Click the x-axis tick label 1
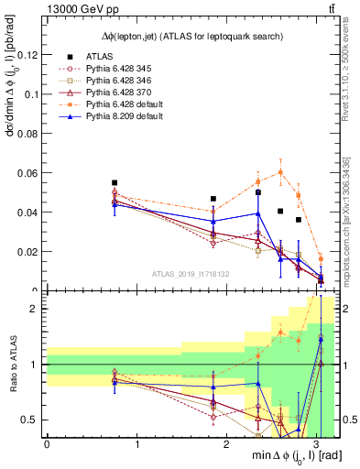pos(137,443)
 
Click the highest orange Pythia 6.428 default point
pos(280,171)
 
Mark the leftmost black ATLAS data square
pos(115,183)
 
